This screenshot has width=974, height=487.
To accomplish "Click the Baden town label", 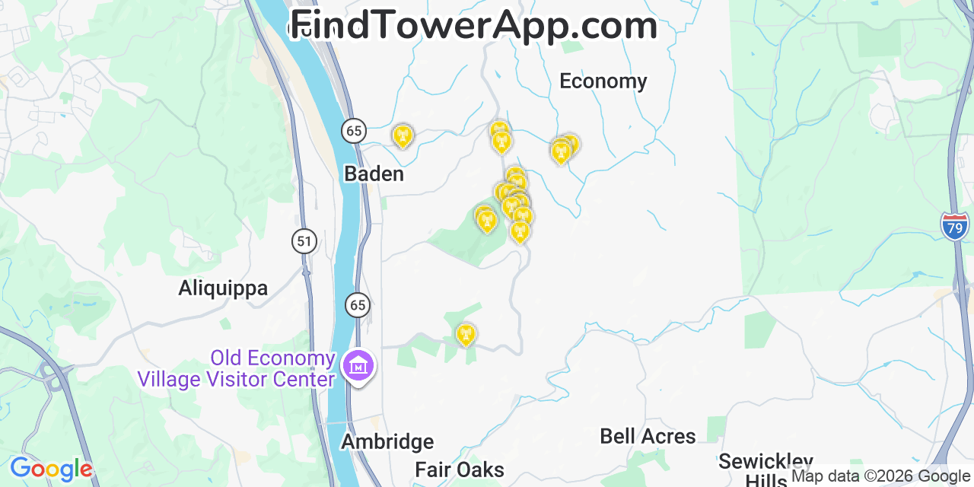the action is click(374, 174).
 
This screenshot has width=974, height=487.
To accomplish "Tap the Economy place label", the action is click(603, 81).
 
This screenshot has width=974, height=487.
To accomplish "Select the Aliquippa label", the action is click(223, 288).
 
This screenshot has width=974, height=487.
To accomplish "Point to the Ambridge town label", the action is click(387, 442).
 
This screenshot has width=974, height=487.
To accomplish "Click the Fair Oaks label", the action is click(460, 469).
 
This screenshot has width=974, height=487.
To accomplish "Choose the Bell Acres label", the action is click(648, 437).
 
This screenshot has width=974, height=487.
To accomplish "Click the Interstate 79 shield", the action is click(955, 227).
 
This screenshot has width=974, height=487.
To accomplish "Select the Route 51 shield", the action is click(304, 242).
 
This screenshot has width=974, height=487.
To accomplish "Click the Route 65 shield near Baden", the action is click(354, 131).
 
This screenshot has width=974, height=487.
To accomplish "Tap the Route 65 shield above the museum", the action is click(358, 306).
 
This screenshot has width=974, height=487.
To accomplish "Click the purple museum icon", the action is click(358, 366).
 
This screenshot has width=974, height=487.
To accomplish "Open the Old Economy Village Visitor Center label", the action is click(236, 368).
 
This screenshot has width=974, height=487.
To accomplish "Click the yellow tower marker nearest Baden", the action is click(402, 136).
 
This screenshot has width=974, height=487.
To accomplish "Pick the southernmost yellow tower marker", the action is click(466, 334).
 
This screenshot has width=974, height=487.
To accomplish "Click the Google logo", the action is click(50, 469).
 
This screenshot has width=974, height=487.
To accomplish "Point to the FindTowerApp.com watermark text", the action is click(473, 25).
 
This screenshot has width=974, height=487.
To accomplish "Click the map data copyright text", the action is click(881, 476).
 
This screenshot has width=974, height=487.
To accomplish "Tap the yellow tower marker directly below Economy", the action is click(562, 151).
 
